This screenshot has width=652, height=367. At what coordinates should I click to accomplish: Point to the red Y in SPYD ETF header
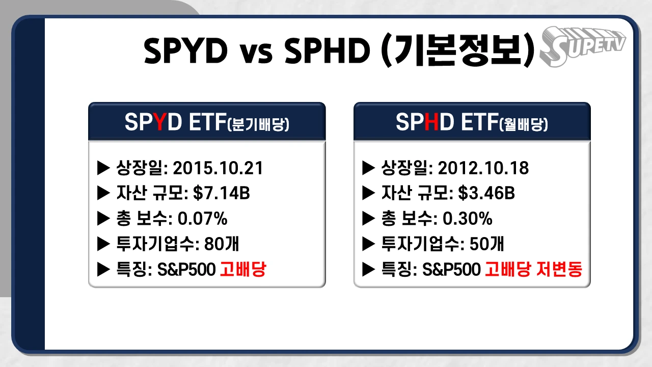tap(160, 122)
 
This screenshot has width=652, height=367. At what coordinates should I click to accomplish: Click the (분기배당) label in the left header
tap(258, 125)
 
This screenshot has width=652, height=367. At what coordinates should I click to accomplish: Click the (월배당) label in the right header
tap(525, 125)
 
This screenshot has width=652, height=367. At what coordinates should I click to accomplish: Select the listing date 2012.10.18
tap(483, 168)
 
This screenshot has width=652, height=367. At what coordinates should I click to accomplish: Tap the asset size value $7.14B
tap(214, 193)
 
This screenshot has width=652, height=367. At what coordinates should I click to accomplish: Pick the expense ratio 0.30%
tap(467, 219)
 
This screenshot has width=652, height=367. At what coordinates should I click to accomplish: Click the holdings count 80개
tap(221, 244)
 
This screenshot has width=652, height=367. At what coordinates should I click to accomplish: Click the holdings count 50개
tap(486, 244)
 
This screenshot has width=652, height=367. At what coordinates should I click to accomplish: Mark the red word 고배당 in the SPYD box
tap(243, 270)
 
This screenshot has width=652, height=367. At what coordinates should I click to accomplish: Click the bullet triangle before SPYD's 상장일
tap(103, 168)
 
